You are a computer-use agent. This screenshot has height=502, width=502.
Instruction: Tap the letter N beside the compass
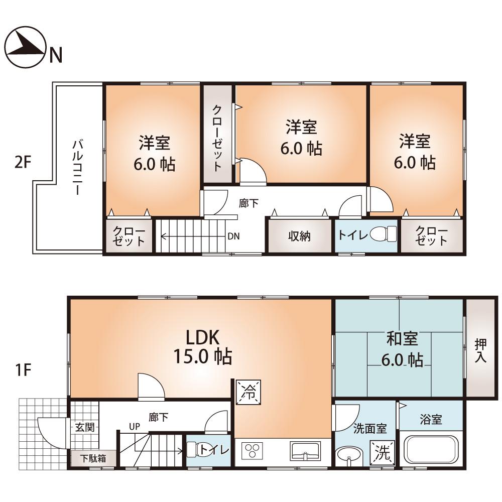[x=55, y=55]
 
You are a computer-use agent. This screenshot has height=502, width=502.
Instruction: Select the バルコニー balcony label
[x=77, y=168]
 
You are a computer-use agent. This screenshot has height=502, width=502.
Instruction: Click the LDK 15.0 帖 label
[x=203, y=347]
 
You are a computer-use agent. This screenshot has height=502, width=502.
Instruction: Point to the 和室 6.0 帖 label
[x=402, y=349]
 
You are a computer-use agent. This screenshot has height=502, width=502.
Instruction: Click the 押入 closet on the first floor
[x=480, y=350]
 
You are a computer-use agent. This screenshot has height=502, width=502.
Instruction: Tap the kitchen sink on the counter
[x=305, y=450]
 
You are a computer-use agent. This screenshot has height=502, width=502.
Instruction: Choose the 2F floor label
[x=23, y=163]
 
